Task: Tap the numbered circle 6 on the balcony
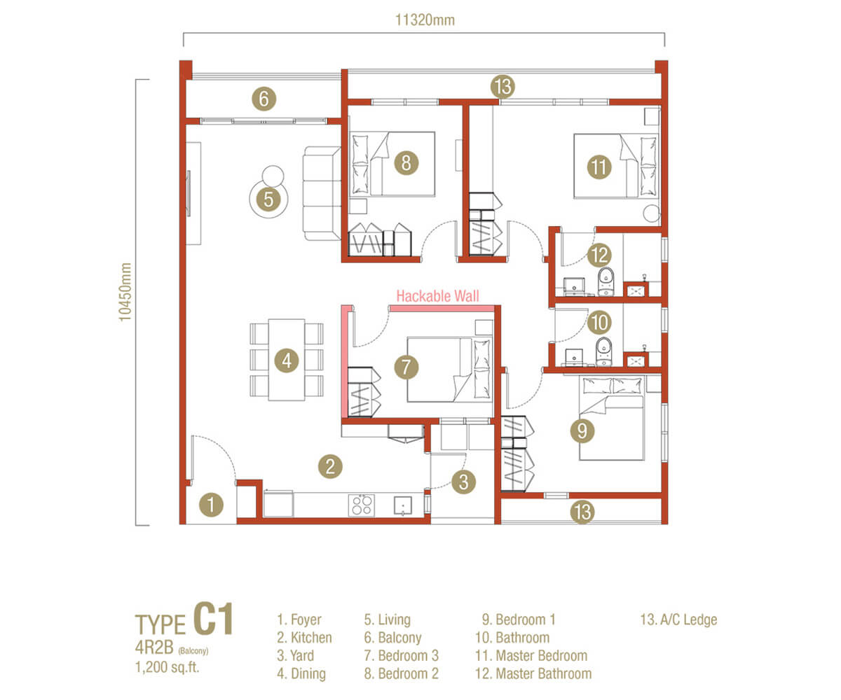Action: pos(263,99)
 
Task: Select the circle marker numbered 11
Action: pos(597,167)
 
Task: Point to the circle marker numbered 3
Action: pos(463,481)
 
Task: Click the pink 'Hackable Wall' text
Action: pos(438,296)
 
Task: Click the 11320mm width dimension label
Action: pos(425,20)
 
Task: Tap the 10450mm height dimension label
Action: pos(125,301)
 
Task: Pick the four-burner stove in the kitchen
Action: pos(362,505)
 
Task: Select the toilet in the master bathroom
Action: pos(605,281)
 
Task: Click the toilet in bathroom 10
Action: pos(603,351)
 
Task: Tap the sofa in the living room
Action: pos(321,193)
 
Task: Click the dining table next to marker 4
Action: pos(287,360)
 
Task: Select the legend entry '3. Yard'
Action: pos(296,656)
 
